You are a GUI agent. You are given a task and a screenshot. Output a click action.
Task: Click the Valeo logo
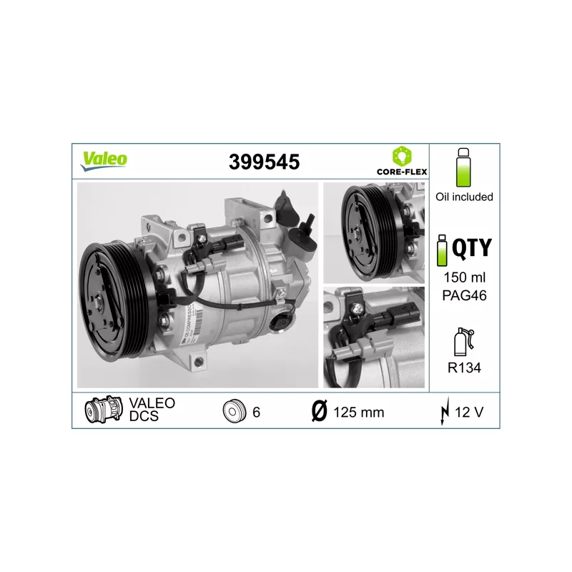[104, 160]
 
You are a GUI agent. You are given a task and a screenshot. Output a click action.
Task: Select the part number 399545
[264, 162]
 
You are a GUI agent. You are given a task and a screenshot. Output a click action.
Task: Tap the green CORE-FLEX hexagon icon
[402, 156]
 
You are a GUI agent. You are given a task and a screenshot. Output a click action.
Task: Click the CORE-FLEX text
[402, 172]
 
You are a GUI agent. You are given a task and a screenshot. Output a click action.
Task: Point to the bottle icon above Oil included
[463, 167]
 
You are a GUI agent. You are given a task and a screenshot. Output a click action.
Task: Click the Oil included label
[464, 197]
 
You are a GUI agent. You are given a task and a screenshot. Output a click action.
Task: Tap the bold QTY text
[472, 247]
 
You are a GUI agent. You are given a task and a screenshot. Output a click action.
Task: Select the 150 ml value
[464, 277]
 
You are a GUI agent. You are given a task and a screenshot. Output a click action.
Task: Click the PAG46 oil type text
[464, 295]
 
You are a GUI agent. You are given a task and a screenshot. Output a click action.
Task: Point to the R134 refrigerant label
[464, 368]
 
